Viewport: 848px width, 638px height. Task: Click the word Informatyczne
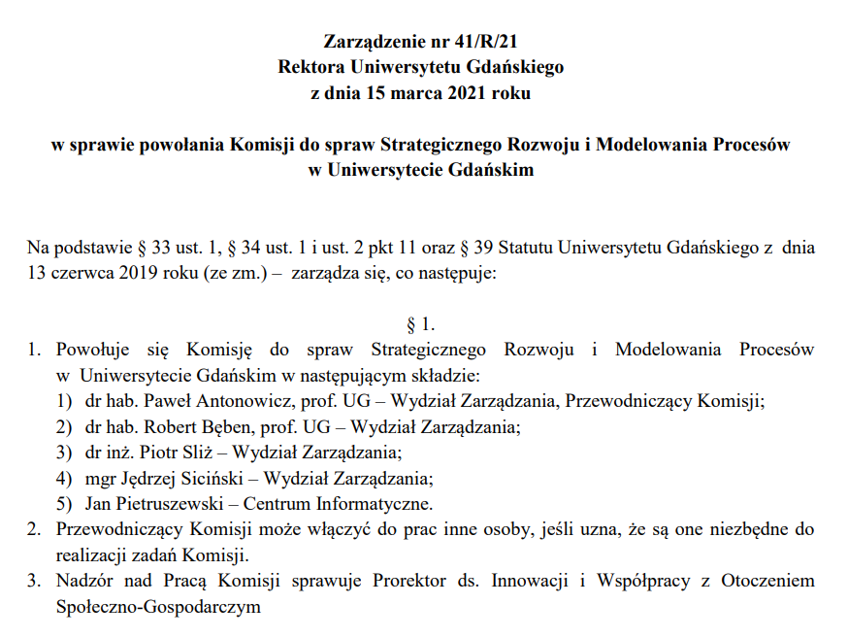pos(376,504)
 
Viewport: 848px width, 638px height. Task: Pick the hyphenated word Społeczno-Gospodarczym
pos(159,608)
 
